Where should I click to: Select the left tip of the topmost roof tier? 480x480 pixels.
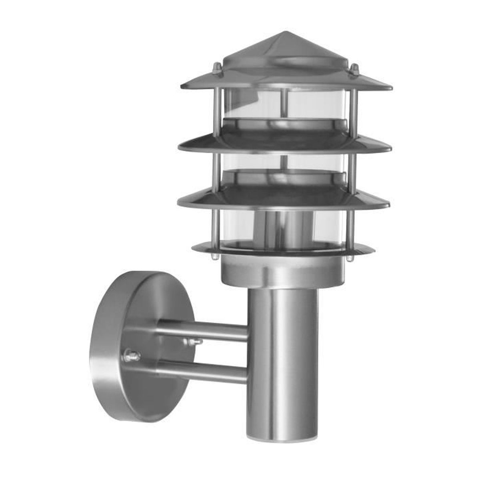[x=182, y=86]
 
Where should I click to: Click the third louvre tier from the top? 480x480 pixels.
[x=284, y=196]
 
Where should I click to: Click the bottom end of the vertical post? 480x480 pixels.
[x=282, y=416]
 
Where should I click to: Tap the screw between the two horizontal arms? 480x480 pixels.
[x=192, y=342]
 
